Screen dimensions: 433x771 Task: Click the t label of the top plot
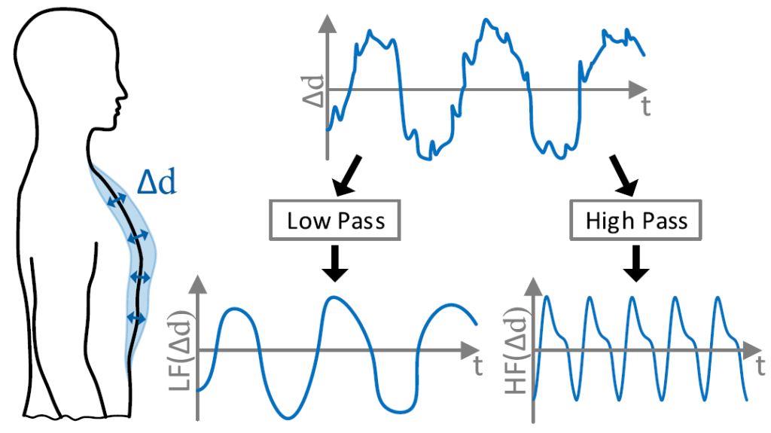(646, 107)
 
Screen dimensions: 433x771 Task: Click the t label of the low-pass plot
(478, 368)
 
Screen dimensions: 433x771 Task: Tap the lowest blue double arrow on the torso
(136, 317)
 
